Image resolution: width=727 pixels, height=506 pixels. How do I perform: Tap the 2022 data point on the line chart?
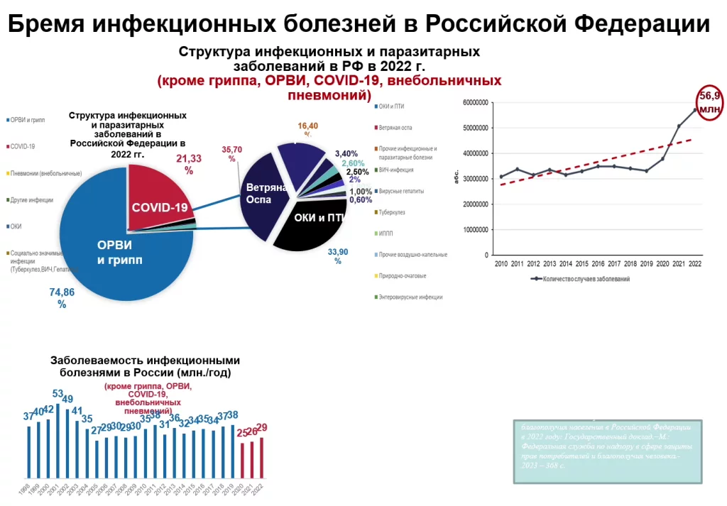click(x=695, y=110)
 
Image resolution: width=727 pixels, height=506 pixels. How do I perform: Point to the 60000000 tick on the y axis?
click(x=474, y=102)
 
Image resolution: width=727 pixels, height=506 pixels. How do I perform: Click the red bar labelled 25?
click(x=243, y=459)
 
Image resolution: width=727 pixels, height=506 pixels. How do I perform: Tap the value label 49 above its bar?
click(x=67, y=399)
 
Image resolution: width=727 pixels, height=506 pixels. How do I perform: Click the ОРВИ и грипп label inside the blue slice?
click(x=119, y=253)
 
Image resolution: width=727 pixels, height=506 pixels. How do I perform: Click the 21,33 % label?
click(x=188, y=164)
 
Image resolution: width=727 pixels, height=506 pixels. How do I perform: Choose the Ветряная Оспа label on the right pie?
click(x=263, y=194)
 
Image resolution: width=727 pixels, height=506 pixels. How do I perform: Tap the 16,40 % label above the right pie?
click(x=307, y=130)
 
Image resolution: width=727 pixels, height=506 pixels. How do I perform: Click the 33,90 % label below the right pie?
click(x=337, y=256)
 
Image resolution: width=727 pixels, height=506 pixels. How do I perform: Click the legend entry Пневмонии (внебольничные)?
click(x=45, y=173)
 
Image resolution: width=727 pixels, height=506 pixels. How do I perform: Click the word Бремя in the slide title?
click(x=45, y=23)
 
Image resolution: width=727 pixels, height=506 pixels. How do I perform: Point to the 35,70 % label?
click(x=232, y=154)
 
